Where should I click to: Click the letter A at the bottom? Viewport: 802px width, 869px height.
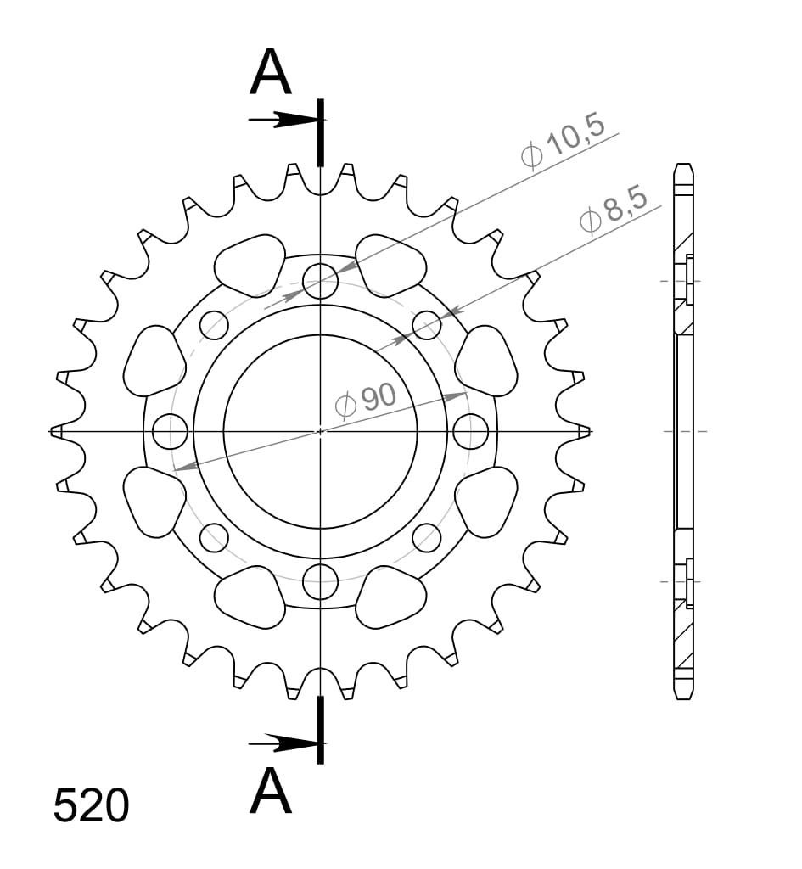pos(271,791)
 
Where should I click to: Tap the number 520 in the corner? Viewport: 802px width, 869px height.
pos(91,806)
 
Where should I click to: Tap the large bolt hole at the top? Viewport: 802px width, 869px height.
pos(320,282)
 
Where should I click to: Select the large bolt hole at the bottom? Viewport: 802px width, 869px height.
pos(320,581)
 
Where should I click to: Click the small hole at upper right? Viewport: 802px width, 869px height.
pos(427,324)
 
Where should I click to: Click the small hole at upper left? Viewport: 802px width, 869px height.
pos(214,324)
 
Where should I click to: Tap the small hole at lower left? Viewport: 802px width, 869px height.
pos(214,537)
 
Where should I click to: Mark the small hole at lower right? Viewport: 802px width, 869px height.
pos(427,537)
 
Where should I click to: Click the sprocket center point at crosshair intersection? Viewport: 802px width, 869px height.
pos(320,431)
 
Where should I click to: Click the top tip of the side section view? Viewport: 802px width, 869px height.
pos(683,165)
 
